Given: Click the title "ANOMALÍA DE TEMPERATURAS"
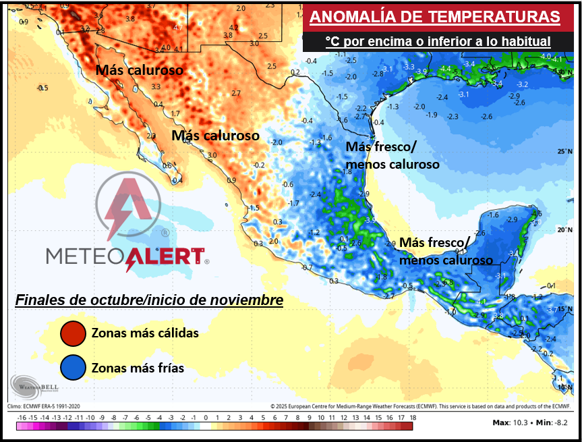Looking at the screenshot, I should click(x=434, y=17).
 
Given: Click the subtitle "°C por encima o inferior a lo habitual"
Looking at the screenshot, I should click(x=438, y=42).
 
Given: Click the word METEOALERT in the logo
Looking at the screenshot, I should click(x=125, y=256).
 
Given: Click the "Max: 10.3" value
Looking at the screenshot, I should click(x=511, y=422).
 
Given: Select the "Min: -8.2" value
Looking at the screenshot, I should click(x=554, y=422).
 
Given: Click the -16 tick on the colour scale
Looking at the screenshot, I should click(x=22, y=418).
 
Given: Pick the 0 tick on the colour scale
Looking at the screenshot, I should click(x=205, y=418).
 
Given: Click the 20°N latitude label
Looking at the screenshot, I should click(x=564, y=230).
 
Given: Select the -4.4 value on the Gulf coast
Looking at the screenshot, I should click(x=445, y=69).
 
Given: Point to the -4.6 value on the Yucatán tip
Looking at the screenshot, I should click(x=536, y=215).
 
